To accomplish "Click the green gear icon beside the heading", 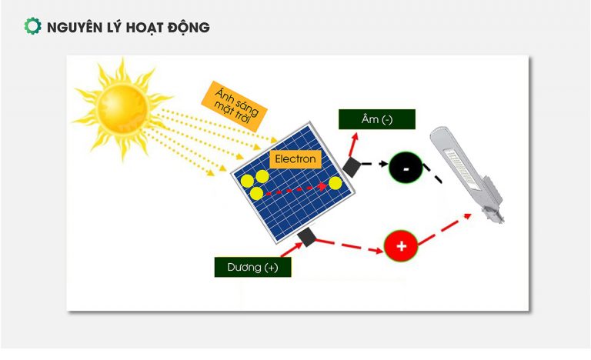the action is click(x=32, y=26).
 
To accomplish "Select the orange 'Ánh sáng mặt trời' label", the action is click(x=234, y=106).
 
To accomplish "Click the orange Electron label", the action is click(x=295, y=159).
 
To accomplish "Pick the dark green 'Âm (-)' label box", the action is click(x=377, y=119).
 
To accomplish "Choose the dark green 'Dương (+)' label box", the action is click(x=252, y=267).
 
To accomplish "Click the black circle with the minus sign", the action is click(x=406, y=168).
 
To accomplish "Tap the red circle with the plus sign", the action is click(x=401, y=246).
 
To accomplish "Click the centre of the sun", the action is click(x=122, y=108).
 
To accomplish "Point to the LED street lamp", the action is click(x=466, y=174).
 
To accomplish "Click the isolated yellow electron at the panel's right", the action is click(x=335, y=183).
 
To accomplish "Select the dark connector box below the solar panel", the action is click(x=306, y=236).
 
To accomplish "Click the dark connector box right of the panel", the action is click(x=352, y=167).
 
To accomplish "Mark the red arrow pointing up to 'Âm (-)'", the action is click(x=353, y=145).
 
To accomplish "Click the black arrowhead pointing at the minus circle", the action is click(x=384, y=164).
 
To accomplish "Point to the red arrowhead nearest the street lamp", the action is click(x=467, y=216).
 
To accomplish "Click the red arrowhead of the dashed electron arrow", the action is click(x=322, y=186).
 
